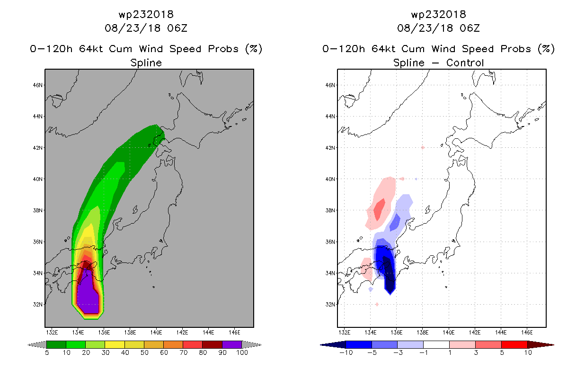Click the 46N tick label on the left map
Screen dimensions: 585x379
(x=37, y=85)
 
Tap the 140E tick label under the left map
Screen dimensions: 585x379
(x=156, y=333)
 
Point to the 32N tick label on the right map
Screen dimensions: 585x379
(x=330, y=305)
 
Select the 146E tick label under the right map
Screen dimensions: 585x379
(x=527, y=333)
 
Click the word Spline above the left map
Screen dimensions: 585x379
(x=146, y=63)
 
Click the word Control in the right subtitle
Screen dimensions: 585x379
(x=465, y=63)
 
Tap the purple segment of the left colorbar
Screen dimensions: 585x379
(x=232, y=345)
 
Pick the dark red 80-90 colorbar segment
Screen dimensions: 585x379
(x=213, y=345)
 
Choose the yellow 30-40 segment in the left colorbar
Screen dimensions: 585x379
(x=115, y=345)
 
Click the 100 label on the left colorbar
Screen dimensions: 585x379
(x=242, y=352)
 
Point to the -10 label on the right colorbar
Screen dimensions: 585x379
(x=346, y=352)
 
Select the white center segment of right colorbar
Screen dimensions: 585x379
(x=436, y=345)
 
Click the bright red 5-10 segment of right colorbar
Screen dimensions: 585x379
(x=514, y=345)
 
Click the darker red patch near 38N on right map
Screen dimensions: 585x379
(x=379, y=209)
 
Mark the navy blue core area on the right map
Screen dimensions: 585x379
(x=389, y=274)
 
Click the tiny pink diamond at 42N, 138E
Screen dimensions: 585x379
(x=423, y=148)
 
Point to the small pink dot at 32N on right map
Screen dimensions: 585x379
(x=377, y=304)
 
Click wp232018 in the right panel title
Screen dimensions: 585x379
(x=438, y=14)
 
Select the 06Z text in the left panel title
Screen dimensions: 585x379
(x=177, y=28)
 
